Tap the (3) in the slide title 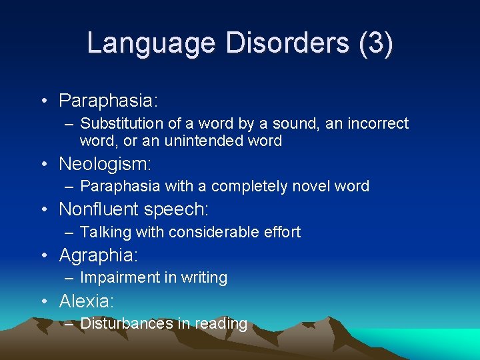pos(376,43)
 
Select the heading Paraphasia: pos(108,101)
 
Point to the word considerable pos(213,232)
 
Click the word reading pos(221,324)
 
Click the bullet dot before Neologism pos(43,164)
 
